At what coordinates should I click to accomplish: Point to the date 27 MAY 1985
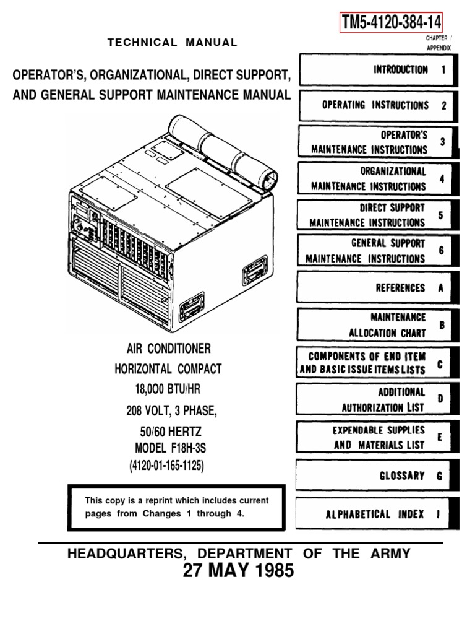point(238,571)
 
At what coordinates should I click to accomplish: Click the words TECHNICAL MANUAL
point(173,43)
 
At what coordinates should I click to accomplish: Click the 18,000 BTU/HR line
point(168,389)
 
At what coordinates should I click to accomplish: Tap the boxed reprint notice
point(178,507)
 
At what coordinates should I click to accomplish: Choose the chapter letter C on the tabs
point(440,365)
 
